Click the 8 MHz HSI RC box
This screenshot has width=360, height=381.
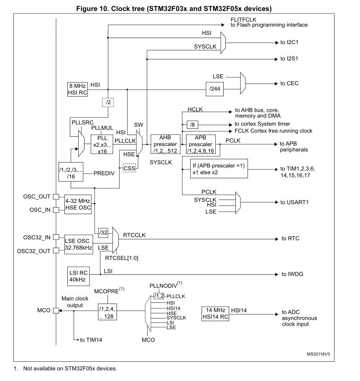click(77, 89)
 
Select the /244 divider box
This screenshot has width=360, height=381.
click(214, 89)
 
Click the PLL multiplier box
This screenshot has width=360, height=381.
click(102, 144)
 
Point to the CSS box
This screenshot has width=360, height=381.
click(129, 168)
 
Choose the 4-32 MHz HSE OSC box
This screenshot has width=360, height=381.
click(77, 204)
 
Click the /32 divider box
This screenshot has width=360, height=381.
click(103, 233)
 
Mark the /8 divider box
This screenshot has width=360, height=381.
click(192, 125)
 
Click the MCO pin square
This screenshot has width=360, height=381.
click(56, 310)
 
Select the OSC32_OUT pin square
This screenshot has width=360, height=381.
click(56, 251)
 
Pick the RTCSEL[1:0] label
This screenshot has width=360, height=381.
click(122, 258)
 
